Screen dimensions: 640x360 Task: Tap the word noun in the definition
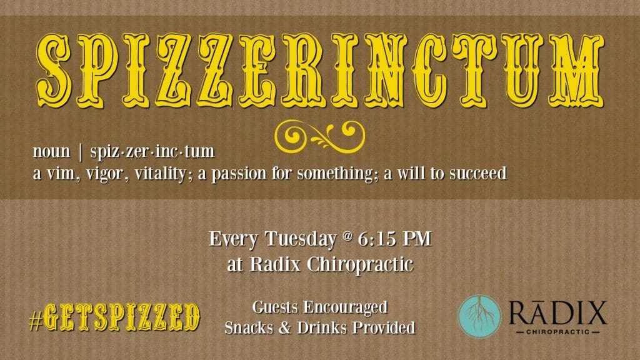pos(51,151)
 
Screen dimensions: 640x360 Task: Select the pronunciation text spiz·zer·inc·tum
pos(152,151)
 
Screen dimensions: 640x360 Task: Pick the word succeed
pos(478,173)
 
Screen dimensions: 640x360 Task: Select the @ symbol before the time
pos(347,236)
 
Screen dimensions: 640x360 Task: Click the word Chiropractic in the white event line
pos(359,264)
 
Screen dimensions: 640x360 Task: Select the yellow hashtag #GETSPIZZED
pos(114,317)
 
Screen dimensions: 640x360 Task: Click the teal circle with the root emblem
pos(479,316)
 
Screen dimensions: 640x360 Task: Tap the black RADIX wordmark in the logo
pos(558,313)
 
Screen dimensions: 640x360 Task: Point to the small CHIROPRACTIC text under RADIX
pos(558,332)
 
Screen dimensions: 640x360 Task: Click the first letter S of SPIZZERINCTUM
pos(54,70)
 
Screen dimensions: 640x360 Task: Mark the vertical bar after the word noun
pos(81,152)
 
